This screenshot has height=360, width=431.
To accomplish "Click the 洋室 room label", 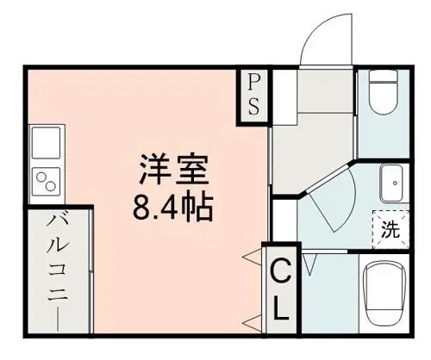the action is [x=173, y=170].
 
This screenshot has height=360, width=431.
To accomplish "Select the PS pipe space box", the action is [x=253, y=96].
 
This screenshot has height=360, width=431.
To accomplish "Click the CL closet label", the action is [x=281, y=290].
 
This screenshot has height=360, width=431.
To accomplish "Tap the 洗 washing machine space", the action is [x=390, y=229].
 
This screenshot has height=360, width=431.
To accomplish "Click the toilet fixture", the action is [x=383, y=92].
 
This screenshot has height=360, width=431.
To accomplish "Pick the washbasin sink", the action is [x=395, y=183].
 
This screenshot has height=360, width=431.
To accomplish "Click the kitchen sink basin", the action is [x=46, y=143].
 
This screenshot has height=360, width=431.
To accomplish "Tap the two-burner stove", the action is [x=46, y=182].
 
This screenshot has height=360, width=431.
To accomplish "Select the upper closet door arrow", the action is [x=252, y=256].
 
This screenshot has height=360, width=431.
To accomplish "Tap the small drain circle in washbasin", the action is [x=395, y=183].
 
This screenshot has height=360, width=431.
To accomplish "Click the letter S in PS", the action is [x=253, y=106].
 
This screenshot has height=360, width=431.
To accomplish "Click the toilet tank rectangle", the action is [x=383, y=76].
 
